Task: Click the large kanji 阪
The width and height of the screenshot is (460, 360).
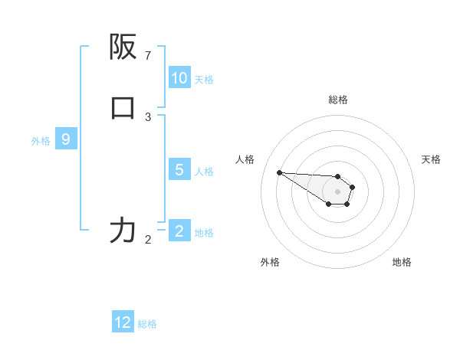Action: point(123,48)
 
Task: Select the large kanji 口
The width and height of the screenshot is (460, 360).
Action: point(123,108)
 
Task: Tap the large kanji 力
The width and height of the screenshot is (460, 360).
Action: point(123,230)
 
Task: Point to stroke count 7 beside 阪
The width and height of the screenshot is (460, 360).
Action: point(148,56)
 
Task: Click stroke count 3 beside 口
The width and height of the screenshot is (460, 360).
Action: point(148,117)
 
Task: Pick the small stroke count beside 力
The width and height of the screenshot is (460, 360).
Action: point(148,240)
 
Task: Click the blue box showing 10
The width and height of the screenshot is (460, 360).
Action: point(179,78)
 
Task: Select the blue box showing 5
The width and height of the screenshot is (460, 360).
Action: point(179,170)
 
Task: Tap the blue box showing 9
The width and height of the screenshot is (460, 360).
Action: point(66,139)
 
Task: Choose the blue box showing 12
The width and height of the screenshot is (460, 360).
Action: point(123,322)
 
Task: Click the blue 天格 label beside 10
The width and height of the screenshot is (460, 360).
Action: point(204,80)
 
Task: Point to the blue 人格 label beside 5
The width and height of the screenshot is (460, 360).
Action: point(204,172)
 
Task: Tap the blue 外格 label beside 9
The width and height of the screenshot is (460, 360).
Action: point(41,141)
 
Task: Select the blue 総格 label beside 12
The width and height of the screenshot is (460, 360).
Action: point(147,324)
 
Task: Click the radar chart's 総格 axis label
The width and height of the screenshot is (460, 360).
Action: point(337,100)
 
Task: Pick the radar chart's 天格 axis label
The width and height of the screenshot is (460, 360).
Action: point(431,159)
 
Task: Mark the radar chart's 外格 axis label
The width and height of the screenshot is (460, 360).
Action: point(269,262)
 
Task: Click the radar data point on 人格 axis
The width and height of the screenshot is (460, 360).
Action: point(279,172)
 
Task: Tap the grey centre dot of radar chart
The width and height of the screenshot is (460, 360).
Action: point(337,191)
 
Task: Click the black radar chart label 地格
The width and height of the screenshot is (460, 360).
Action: point(402,262)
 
